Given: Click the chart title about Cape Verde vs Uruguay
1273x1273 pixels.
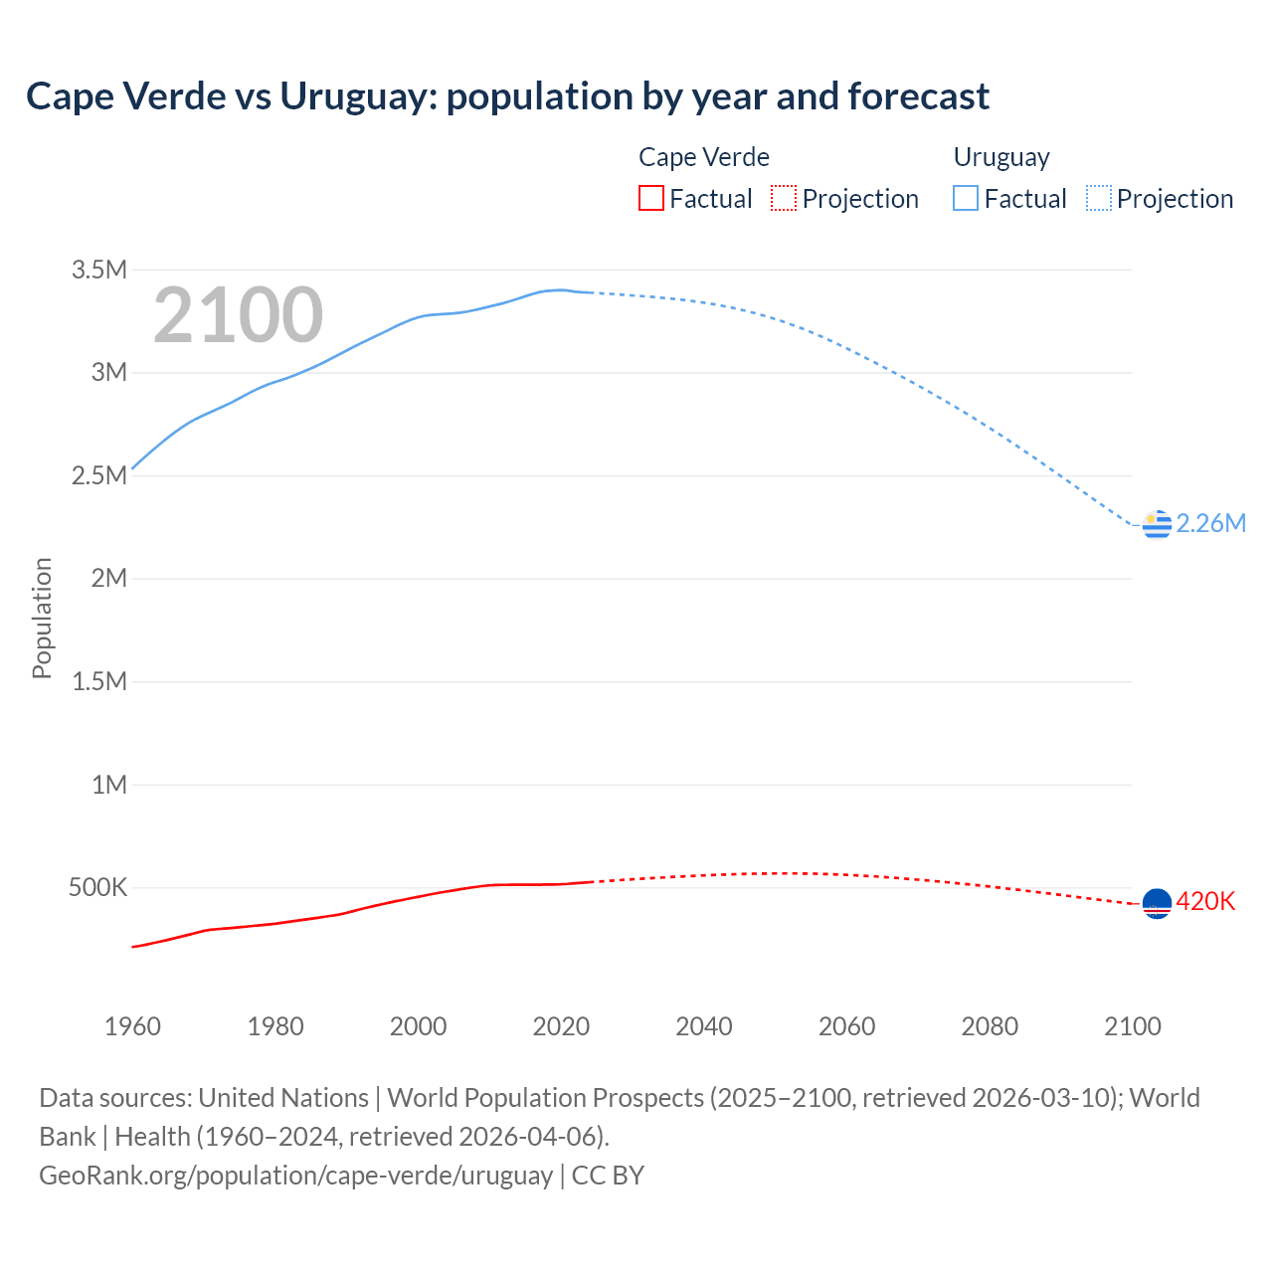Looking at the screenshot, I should [507, 96].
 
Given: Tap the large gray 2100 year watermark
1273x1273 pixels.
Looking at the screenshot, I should [238, 315].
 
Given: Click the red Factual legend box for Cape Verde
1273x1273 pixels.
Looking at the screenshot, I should [650, 199].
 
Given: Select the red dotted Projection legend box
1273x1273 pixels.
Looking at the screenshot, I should [784, 199].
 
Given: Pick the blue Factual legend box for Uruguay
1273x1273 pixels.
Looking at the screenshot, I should [965, 199].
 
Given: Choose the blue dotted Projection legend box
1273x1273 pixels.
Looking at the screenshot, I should [1098, 199].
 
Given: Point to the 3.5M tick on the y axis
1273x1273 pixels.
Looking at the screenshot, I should [99, 270].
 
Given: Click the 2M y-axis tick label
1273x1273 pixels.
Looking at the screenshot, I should [108, 578].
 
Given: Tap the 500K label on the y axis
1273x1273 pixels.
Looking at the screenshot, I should [97, 887].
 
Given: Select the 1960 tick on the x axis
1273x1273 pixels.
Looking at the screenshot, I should [132, 1026].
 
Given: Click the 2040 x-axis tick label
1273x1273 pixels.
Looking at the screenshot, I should [704, 1026].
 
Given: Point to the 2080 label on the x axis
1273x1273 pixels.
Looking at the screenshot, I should [990, 1026].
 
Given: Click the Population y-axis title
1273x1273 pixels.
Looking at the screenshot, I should [42, 618].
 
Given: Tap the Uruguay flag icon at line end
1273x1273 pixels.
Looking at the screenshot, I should [1157, 524].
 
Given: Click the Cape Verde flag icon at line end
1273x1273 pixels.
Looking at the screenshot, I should [1157, 903].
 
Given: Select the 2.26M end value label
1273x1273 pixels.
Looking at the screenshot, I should [1210, 524].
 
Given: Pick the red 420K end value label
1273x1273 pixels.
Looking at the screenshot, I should [1205, 901].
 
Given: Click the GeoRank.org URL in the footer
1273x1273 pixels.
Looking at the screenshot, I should [295, 1176].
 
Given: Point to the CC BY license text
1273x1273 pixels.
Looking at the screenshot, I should [608, 1176].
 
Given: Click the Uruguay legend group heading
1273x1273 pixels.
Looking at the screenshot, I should [1001, 157].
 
